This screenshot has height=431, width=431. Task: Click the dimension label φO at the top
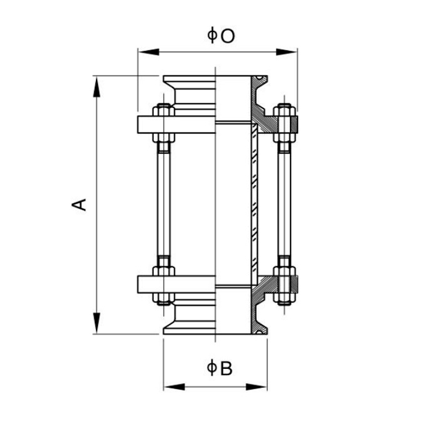click(220, 36)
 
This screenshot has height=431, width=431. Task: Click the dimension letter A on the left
click(79, 204)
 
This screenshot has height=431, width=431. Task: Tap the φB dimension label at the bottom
click(220, 368)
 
